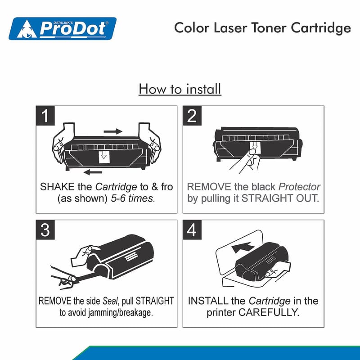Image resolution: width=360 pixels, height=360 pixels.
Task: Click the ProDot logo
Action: pyautogui.click(x=63, y=28)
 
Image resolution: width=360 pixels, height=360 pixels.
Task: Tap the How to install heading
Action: pyautogui.click(x=180, y=89)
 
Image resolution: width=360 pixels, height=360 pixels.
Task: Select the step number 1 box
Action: pyautogui.click(x=45, y=116)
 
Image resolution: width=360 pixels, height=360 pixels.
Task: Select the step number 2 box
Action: pyautogui.click(x=192, y=116)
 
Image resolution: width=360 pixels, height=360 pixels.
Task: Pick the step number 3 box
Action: pyautogui.click(x=45, y=230)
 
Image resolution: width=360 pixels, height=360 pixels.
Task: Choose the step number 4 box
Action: pyautogui.click(x=192, y=230)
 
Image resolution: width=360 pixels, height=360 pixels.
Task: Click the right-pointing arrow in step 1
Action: pyautogui.click(x=113, y=131)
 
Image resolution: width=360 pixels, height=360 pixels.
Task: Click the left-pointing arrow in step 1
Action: pyautogui.click(x=93, y=172)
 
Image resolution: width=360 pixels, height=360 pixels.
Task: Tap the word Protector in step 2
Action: pyautogui.click(x=299, y=187)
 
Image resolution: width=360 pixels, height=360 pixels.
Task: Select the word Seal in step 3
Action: pyautogui.click(x=110, y=301)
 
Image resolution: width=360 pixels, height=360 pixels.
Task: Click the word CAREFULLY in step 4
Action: pyautogui.click(x=269, y=312)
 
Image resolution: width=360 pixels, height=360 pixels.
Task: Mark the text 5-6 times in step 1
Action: pyautogui.click(x=133, y=198)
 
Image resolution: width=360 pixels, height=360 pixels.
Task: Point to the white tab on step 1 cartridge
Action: pyautogui.click(x=104, y=157)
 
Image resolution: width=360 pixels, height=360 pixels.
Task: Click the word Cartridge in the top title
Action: pyautogui.click(x=321, y=28)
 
